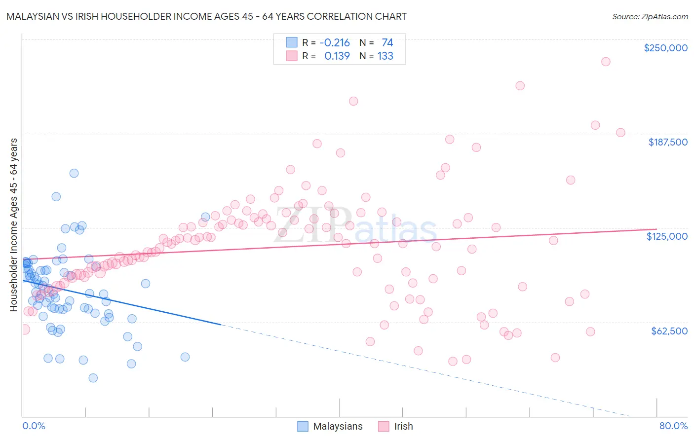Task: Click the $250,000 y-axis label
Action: [x=665, y=48]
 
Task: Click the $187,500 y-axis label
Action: [x=668, y=142]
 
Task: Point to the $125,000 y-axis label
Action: [x=667, y=236]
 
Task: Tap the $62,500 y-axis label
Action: [x=669, y=331]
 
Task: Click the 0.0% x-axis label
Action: [x=34, y=426]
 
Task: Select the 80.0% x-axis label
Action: [x=673, y=426]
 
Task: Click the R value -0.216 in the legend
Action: [x=335, y=42]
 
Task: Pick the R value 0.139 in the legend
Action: [x=337, y=56]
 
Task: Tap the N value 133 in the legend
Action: [x=386, y=56]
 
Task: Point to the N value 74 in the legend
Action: [x=387, y=42]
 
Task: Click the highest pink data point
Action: [x=606, y=62]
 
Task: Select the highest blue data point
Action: [x=74, y=173]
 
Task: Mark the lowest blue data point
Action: [x=93, y=378]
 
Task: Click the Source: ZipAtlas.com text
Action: [x=650, y=16]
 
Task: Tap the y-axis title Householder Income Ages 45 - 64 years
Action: [x=14, y=225]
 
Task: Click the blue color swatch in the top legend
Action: [x=292, y=42]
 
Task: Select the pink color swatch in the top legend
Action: [x=292, y=56]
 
